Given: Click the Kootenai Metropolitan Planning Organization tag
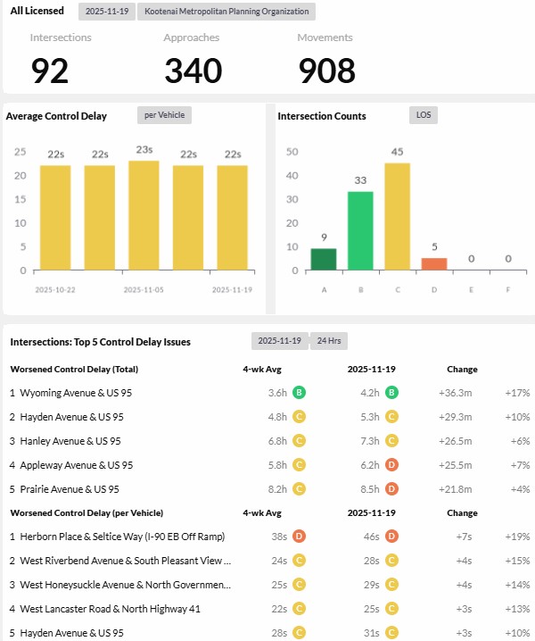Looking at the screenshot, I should [x=226, y=12].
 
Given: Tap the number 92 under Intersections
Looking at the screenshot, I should [x=50, y=71].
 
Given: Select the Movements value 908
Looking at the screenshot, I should [x=326, y=71].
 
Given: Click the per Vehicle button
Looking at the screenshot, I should [x=164, y=115].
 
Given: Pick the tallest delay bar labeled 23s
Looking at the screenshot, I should [x=144, y=215].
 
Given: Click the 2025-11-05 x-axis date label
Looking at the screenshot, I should [x=144, y=290].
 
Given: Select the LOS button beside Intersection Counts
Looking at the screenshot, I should [x=424, y=115].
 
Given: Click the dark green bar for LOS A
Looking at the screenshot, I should [x=324, y=259].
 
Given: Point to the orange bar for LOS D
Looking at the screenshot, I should [x=433, y=263].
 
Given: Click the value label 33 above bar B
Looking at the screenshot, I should [x=360, y=180].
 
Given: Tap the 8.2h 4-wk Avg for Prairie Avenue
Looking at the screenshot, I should [x=277, y=489].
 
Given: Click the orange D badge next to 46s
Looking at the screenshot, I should [x=392, y=537].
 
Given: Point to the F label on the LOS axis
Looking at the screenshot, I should [x=507, y=290].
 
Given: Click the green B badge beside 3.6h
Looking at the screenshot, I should [x=300, y=392].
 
